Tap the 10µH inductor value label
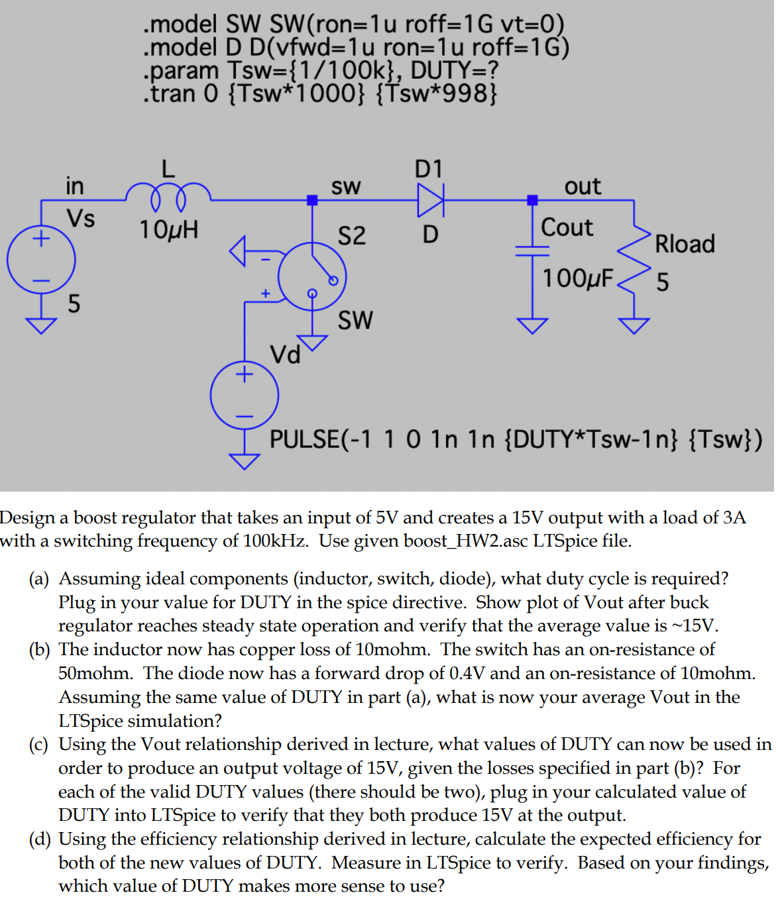168,230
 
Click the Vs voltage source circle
41,260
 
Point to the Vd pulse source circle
244,396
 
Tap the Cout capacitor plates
532,250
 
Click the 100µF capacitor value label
577,278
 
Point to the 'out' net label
582,186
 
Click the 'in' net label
74,186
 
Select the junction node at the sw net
312,200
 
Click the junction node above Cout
532,200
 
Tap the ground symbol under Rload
634,325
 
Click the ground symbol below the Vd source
244,460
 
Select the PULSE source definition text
515,439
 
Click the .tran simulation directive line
319,93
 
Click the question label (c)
38,744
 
